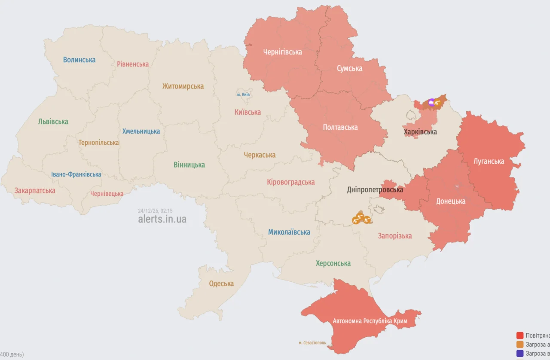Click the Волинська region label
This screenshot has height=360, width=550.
[x=79, y=60]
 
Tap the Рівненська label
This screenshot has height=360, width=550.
[x=133, y=64]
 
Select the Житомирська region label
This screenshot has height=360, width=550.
[x=183, y=86]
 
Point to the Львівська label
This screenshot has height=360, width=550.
[x=53, y=122]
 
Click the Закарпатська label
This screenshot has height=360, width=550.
[x=35, y=190]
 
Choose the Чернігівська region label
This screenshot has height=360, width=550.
[x=282, y=52]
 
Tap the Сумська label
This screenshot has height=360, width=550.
[x=349, y=68]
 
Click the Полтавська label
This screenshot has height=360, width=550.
[x=340, y=127]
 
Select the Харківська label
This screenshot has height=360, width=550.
[x=420, y=132]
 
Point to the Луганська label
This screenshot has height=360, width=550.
[x=489, y=162]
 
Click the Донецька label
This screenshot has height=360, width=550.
[x=451, y=201]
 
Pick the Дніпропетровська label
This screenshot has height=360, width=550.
[x=375, y=189]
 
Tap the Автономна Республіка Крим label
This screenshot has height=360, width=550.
[x=370, y=321]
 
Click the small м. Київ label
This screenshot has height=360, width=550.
[x=244, y=95]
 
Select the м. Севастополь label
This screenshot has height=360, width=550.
[x=312, y=343]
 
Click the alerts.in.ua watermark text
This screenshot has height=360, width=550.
[x=162, y=219]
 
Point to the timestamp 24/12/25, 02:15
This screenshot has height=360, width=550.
[x=155, y=211]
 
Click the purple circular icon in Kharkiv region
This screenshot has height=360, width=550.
[x=431, y=102]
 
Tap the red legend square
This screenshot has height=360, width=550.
[x=520, y=335]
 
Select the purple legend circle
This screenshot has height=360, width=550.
[x=520, y=353]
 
